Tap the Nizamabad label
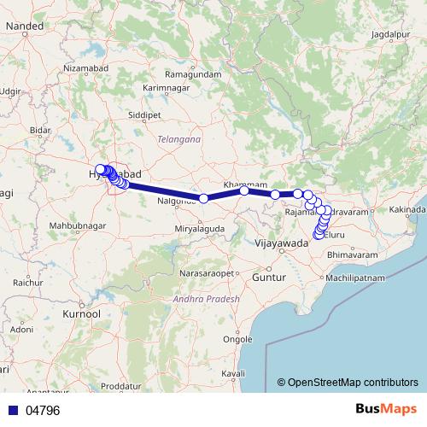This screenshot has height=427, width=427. (x=89, y=67)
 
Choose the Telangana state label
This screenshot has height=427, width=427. (x=179, y=137)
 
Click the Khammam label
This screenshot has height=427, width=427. (x=240, y=184)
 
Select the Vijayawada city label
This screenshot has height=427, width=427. (x=281, y=243)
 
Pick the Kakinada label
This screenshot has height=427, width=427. (x=407, y=209)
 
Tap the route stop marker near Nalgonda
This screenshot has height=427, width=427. (x=204, y=198)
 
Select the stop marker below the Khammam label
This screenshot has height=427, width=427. (x=244, y=190)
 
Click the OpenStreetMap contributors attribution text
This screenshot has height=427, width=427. (x=353, y=382)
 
